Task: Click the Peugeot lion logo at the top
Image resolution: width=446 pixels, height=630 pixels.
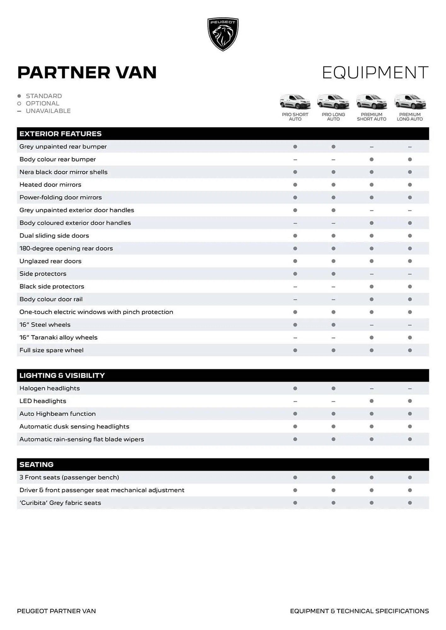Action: coord(223,34)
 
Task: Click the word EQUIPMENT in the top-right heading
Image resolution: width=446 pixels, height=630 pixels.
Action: coord(375,73)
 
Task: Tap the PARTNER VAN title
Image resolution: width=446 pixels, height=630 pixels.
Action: coord(87,72)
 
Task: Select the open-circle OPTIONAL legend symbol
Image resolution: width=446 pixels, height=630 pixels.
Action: coord(19,104)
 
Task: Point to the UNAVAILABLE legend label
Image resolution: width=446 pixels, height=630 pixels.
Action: coord(48,111)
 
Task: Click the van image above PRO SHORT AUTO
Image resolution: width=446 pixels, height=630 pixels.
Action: coord(295,102)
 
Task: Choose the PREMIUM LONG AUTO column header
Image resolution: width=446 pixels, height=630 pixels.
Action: coord(409,117)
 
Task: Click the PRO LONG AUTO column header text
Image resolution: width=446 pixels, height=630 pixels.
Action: coord(333,117)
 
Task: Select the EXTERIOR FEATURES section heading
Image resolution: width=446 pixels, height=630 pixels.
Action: coord(61,134)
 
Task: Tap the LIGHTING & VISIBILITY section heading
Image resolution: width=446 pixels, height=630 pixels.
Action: coord(62,375)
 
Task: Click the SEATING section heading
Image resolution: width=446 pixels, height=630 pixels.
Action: coord(37,465)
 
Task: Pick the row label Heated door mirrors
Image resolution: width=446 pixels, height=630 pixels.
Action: coord(50,185)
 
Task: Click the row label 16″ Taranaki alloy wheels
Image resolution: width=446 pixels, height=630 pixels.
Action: coord(58,337)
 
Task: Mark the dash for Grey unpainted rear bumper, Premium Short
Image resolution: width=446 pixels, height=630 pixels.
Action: coord(372,147)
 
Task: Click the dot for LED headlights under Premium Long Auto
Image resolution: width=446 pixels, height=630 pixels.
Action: coord(410,401)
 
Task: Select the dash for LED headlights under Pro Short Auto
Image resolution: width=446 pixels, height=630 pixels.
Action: coord(295,401)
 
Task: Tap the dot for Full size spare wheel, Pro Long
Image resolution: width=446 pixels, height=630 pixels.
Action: coord(333,350)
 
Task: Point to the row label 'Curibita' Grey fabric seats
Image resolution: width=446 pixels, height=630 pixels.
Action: coord(60,503)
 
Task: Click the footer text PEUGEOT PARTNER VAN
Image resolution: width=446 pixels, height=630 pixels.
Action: coord(56,611)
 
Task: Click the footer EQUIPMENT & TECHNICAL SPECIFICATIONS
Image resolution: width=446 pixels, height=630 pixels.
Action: coord(359,611)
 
